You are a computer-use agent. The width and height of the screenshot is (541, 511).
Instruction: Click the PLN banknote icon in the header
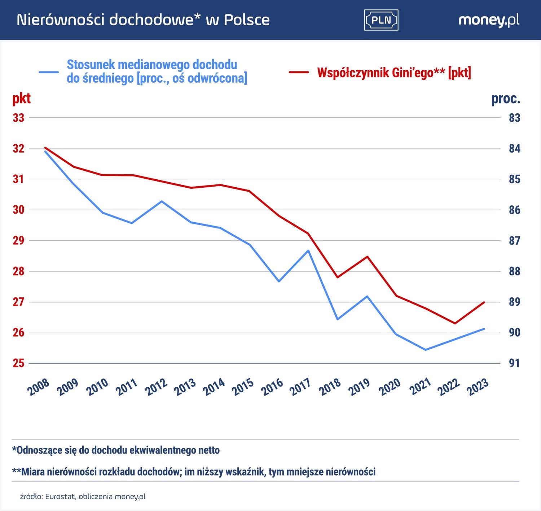pyautogui.click(x=381, y=20)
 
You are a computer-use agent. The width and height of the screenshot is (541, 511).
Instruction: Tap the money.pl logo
pyautogui.click(x=489, y=20)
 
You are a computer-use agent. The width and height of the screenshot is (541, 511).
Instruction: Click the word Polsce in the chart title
pyautogui.click(x=247, y=20)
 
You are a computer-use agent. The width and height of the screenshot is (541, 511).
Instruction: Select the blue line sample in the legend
pyautogui.click(x=49, y=72)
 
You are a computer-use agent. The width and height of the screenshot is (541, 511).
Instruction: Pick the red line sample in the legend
pyautogui.click(x=299, y=73)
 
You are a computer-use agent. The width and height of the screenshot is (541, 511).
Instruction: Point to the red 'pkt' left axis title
pyautogui.click(x=22, y=99)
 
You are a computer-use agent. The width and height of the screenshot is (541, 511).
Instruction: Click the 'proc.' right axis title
pyautogui.click(x=506, y=99)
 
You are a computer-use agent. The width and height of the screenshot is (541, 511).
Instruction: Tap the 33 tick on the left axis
pyautogui.click(x=18, y=118)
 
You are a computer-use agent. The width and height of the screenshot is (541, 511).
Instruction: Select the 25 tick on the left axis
pyautogui.click(x=18, y=363)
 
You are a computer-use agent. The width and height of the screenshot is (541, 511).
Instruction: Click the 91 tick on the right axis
pyautogui.click(x=515, y=363)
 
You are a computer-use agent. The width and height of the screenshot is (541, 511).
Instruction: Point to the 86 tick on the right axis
pyautogui.click(x=515, y=210)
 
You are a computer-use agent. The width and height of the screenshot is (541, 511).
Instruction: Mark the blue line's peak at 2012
pyautogui.click(x=162, y=201)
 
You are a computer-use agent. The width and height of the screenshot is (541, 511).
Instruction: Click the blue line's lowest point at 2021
pyautogui.click(x=426, y=350)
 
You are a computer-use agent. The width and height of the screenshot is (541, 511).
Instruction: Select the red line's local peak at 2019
pyautogui.click(x=367, y=257)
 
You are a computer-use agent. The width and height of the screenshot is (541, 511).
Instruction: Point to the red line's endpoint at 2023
pyautogui.click(x=484, y=302)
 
